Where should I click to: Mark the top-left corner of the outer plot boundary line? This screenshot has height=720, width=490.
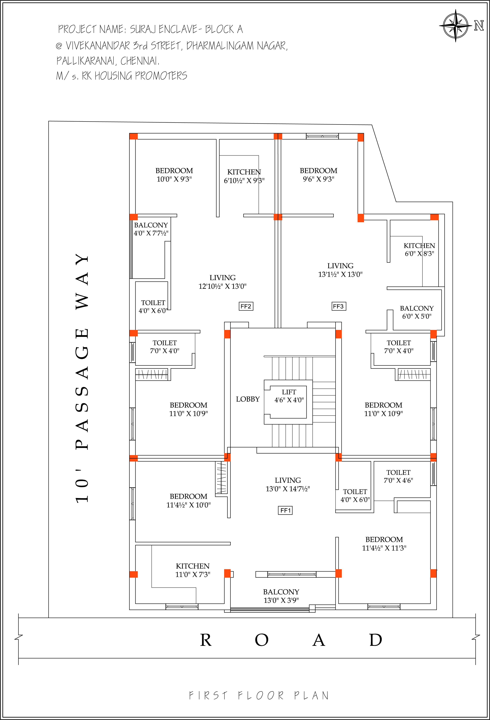point(49,121)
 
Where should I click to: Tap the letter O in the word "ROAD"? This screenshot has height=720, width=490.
point(262,640)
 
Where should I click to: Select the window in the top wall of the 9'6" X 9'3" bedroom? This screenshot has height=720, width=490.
point(322,136)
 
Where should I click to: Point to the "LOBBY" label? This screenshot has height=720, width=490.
point(248,399)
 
